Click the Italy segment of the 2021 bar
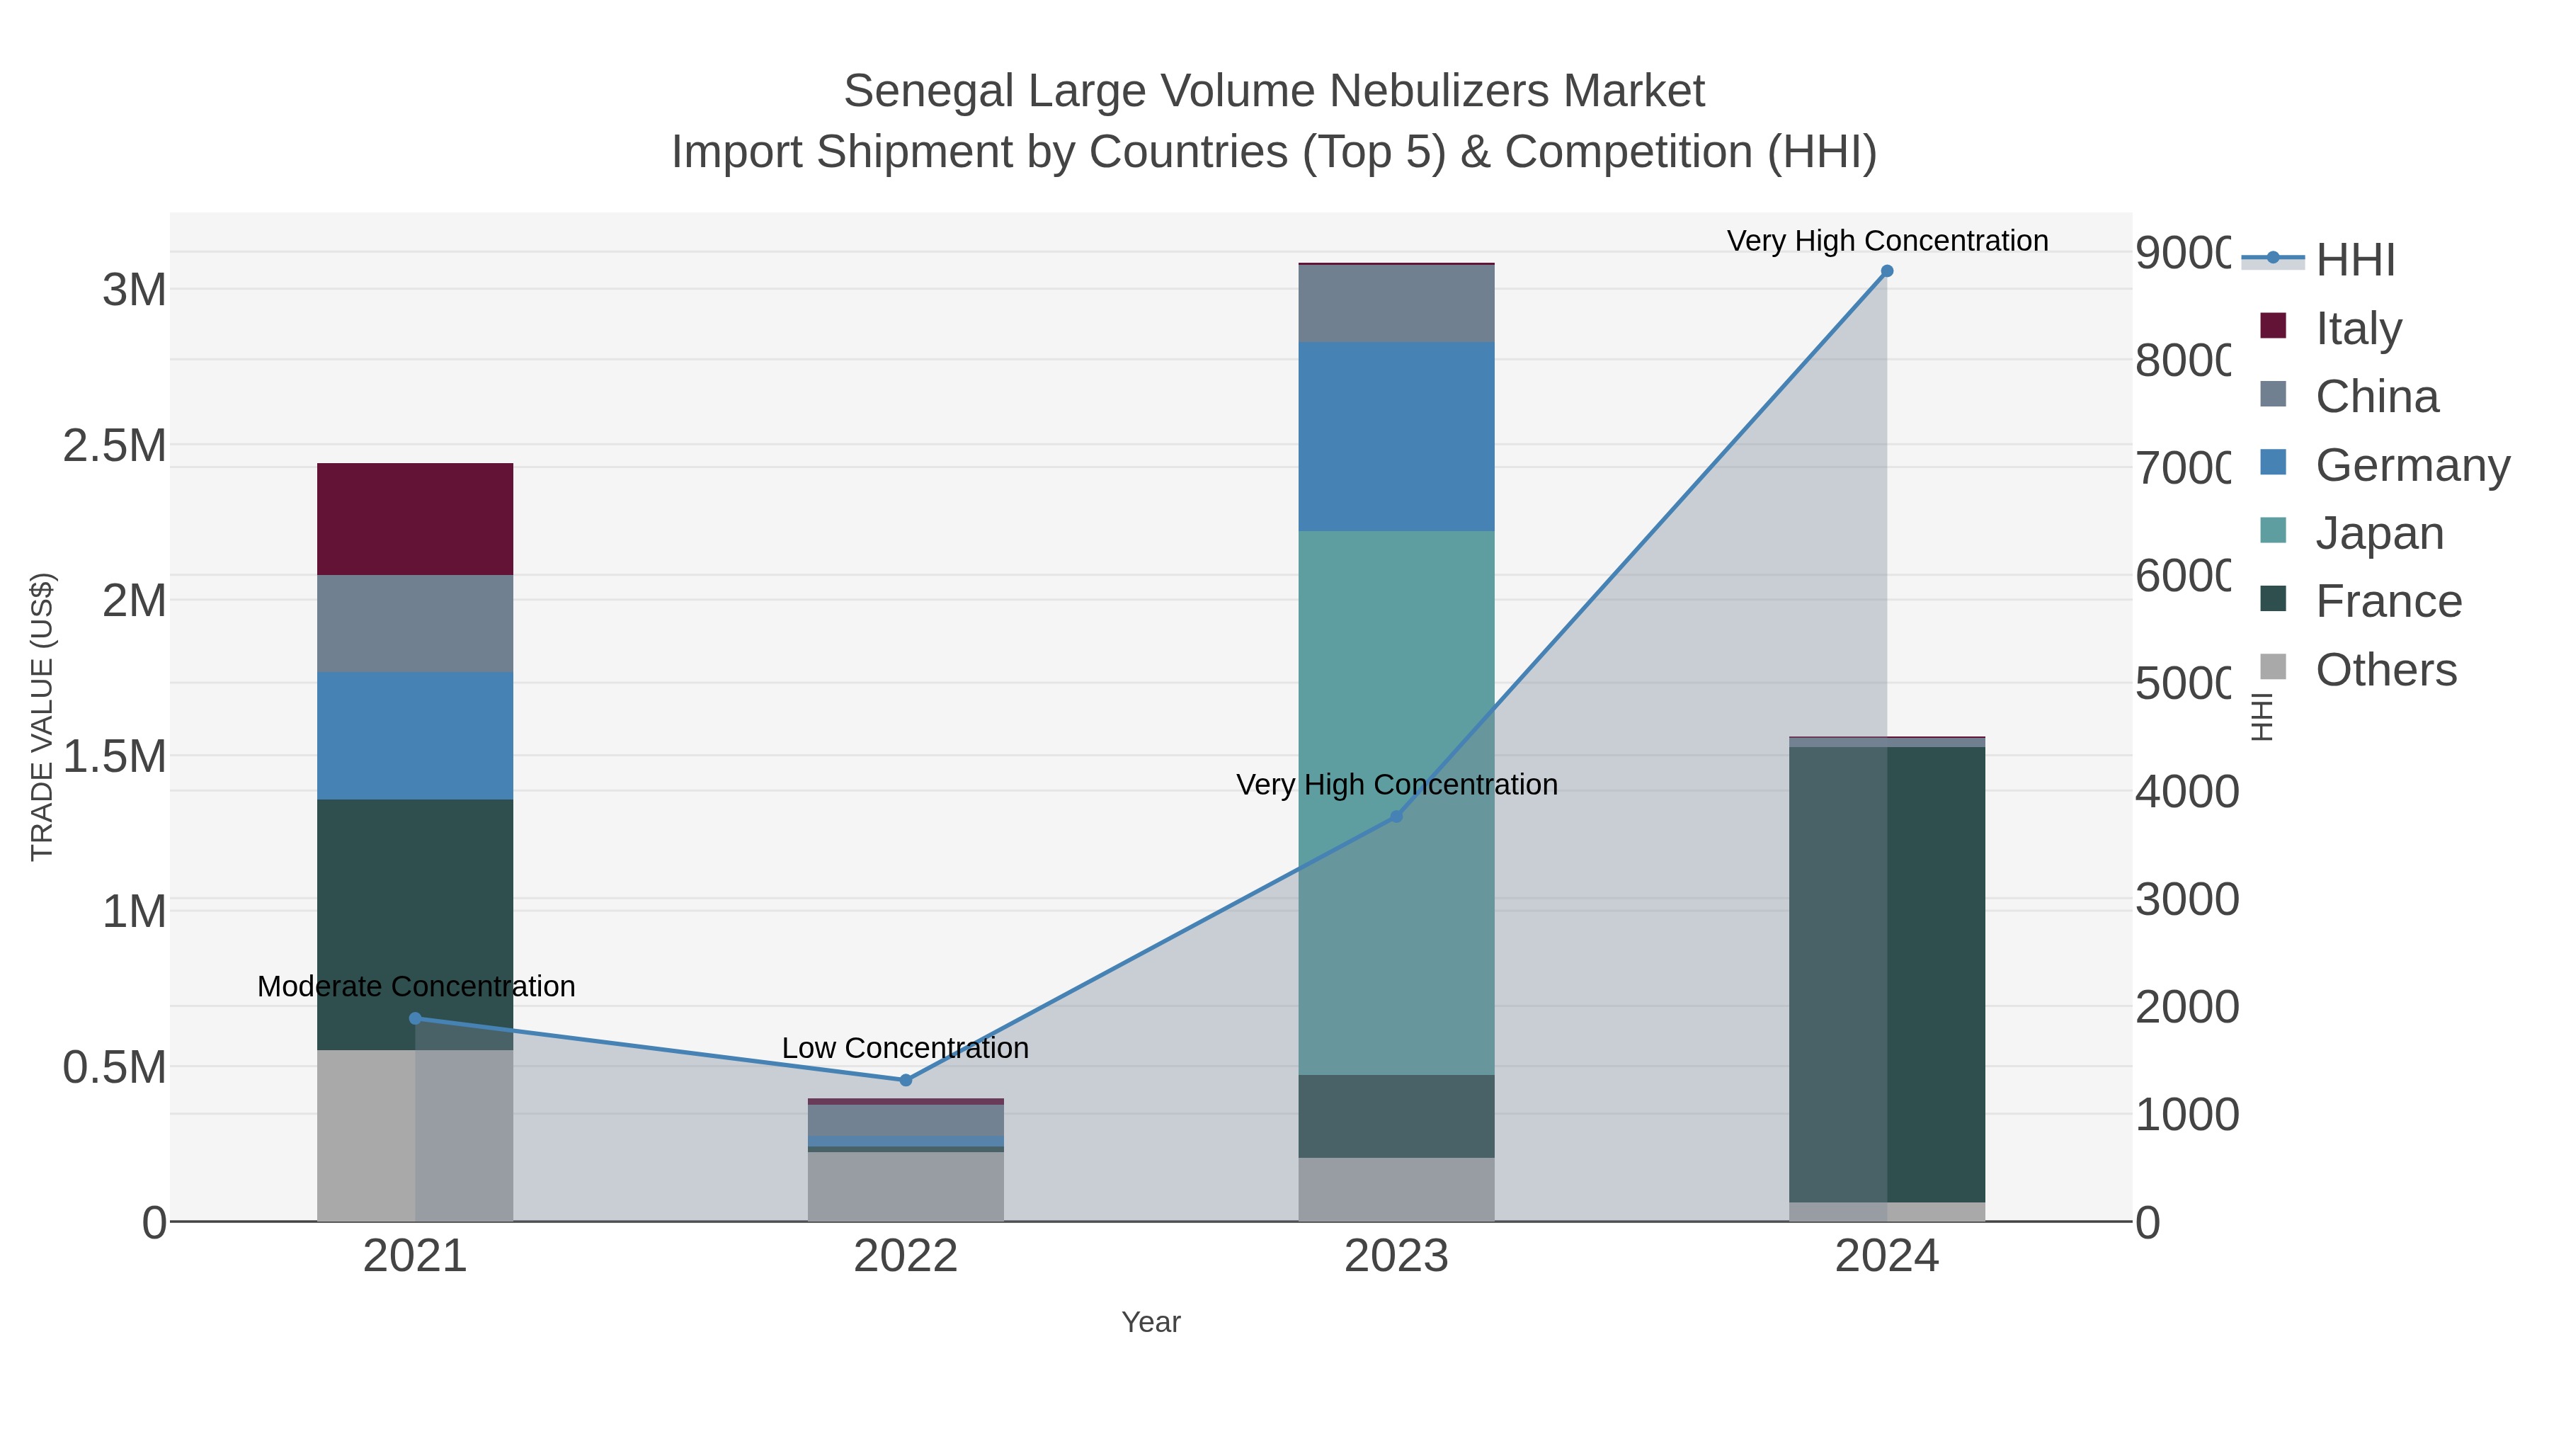[x=415, y=518]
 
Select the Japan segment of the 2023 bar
[x=1395, y=802]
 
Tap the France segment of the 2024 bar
[x=1886, y=975]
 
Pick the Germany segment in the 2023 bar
[x=1395, y=436]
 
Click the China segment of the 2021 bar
[x=415, y=623]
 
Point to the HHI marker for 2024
[x=1886, y=271]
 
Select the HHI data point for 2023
[x=1395, y=816]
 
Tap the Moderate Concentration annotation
[x=416, y=986]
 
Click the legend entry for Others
[x=2385, y=670]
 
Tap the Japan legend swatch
[x=2274, y=530]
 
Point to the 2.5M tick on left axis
[x=115, y=446]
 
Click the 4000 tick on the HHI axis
[x=2185, y=792]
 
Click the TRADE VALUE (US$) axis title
[x=42, y=717]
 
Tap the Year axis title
[x=1150, y=1322]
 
